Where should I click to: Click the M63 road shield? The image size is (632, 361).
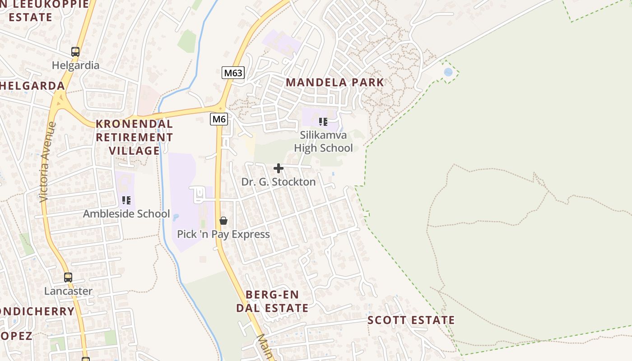coord(233,73)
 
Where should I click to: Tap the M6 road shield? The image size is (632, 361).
coord(219,119)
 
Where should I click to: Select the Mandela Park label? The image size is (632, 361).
coord(335,83)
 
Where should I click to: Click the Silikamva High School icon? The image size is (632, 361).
coord(323,122)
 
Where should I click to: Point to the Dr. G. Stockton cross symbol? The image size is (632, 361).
coord(279,168)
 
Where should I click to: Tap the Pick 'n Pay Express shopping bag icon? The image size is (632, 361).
coord(223,221)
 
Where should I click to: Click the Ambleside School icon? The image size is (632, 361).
coord(126,200)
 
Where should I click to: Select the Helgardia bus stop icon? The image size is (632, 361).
coord(75,51)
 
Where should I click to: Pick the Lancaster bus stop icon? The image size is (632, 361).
coord(68,278)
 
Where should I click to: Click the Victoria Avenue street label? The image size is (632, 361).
coord(47,162)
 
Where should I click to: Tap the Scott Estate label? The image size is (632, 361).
coord(411,320)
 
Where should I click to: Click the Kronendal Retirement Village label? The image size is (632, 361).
coord(134,137)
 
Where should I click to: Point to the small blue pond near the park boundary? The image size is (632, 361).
coord(448,72)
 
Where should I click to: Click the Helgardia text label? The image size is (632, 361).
coord(75,65)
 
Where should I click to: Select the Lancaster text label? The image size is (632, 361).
coord(68,291)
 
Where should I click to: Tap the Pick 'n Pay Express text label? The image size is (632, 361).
coord(223,234)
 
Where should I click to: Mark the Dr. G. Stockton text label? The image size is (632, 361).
coord(279,182)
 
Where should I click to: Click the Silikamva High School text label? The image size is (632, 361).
coord(323,141)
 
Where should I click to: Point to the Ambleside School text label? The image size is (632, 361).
coord(126,214)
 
